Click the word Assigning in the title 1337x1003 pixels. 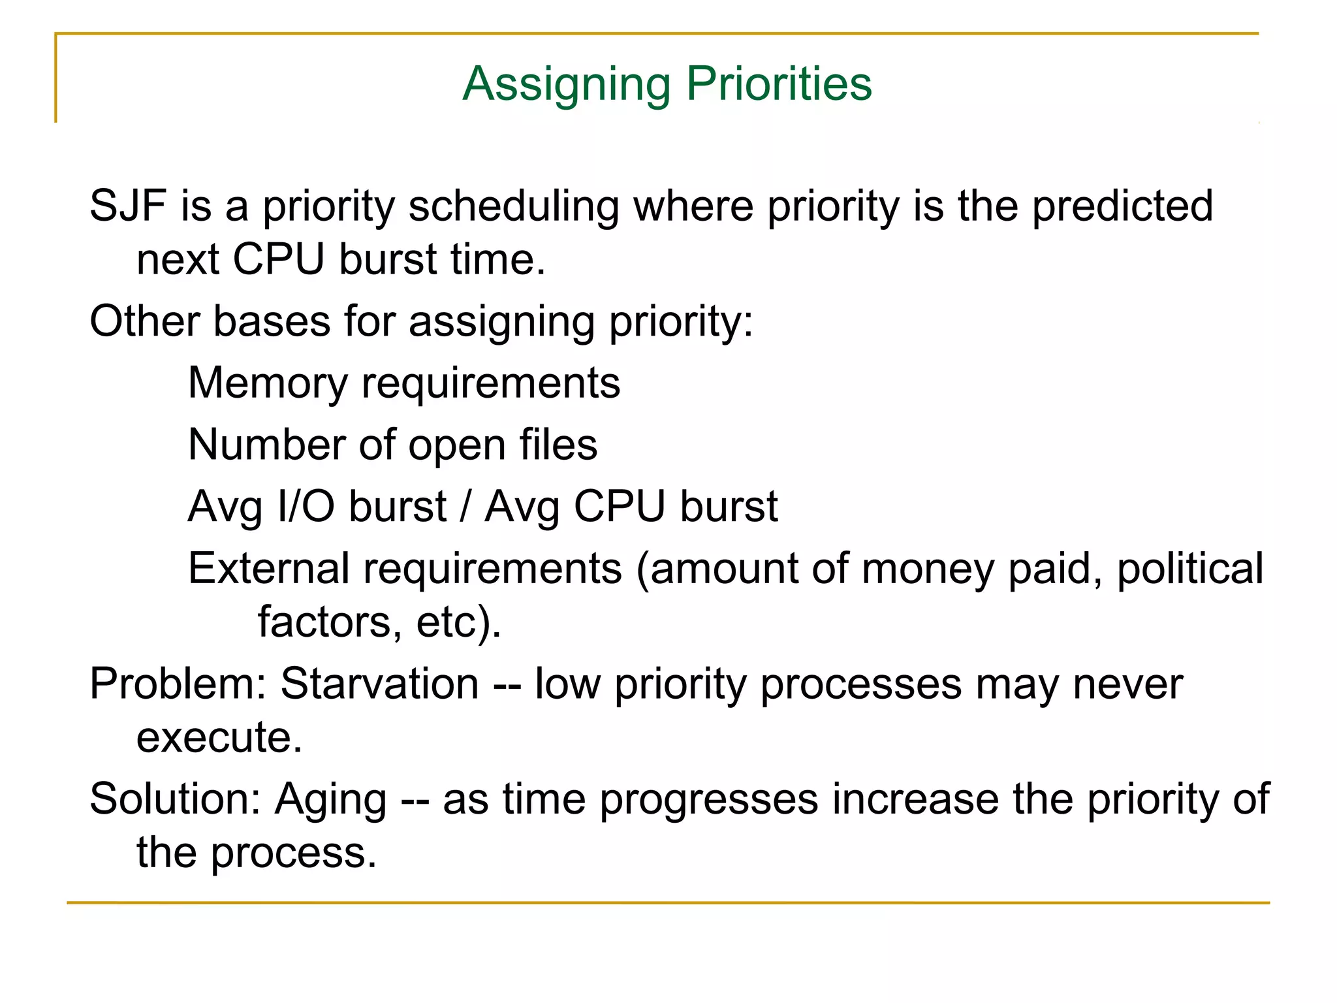(566, 85)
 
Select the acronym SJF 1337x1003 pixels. (128, 206)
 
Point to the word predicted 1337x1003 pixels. (1122, 206)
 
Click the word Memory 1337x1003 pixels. (268, 384)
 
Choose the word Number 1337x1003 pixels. (267, 445)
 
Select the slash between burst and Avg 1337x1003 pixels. (465, 507)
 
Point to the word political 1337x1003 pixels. (1189, 569)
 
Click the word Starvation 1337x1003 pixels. (380, 684)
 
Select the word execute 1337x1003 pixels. (219, 738)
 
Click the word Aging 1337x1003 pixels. (330, 801)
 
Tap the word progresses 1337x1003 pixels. (708, 801)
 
